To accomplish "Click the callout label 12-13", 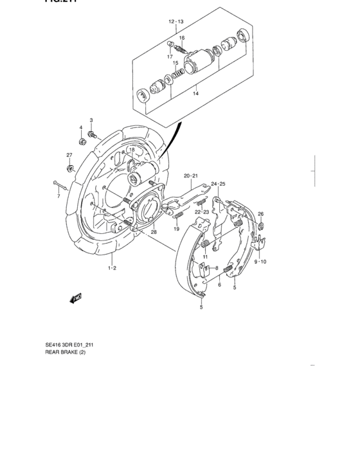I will (x=176, y=22).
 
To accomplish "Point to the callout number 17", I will (x=171, y=57).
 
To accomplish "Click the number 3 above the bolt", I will (x=91, y=120).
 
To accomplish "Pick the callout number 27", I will (x=69, y=155).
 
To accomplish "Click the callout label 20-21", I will (x=190, y=175).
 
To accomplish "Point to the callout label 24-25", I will (x=218, y=184).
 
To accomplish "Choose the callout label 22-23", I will (x=202, y=211).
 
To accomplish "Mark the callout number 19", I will (x=175, y=228).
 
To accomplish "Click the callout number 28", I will (x=154, y=231).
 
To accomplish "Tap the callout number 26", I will (x=260, y=213).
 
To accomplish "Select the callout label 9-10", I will (x=260, y=262).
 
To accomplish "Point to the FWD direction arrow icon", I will (x=76, y=297).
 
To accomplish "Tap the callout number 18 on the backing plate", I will (x=131, y=150).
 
